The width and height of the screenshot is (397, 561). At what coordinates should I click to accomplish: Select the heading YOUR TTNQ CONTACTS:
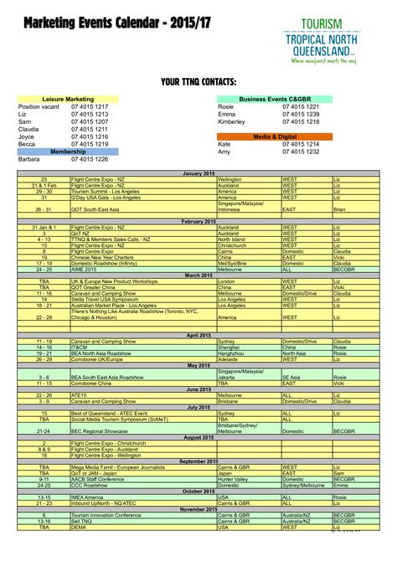pyautogui.click(x=198, y=81)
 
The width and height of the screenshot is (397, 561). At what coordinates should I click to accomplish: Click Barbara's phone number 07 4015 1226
pyautogui.click(x=90, y=159)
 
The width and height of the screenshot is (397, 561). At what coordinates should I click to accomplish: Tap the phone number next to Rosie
pyautogui.click(x=301, y=107)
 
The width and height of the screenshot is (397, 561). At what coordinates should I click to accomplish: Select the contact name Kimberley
pyautogui.click(x=232, y=122)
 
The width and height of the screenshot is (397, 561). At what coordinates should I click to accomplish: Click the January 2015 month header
pyautogui.click(x=198, y=172)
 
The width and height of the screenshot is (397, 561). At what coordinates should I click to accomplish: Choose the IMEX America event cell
pyautogui.click(x=88, y=497)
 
